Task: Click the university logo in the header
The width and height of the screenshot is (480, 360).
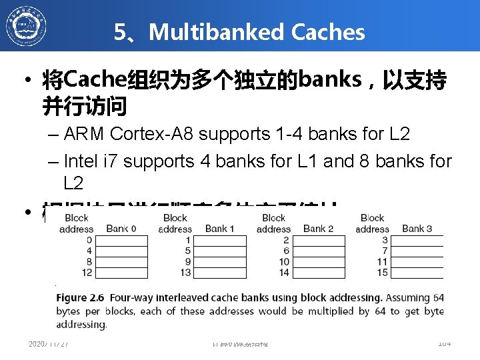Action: (x=27, y=26)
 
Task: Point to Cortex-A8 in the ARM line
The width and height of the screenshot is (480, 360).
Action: (x=155, y=133)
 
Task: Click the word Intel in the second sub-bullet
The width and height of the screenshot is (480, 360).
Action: (x=83, y=161)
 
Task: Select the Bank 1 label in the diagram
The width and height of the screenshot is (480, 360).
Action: (x=219, y=229)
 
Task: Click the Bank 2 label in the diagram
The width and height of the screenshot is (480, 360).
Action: (x=318, y=229)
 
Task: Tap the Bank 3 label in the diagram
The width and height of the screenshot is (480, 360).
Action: (x=417, y=229)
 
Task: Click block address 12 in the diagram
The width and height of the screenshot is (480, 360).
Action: (x=87, y=272)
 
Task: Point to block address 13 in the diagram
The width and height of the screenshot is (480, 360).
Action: (x=186, y=272)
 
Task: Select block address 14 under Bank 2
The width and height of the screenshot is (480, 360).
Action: (x=284, y=272)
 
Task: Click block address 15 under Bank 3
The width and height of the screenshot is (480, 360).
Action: (x=383, y=272)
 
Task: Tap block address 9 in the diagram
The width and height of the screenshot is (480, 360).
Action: (x=188, y=261)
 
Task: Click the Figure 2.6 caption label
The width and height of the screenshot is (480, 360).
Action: (x=81, y=297)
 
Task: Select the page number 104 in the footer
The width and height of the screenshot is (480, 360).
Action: (x=444, y=343)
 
